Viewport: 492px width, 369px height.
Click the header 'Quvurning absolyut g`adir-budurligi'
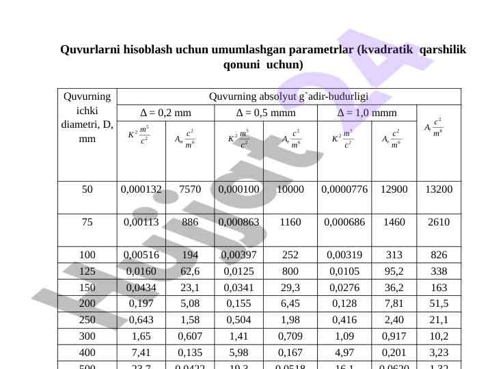[x=288, y=96]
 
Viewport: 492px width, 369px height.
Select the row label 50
[x=87, y=189]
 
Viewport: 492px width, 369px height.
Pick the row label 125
[x=87, y=271]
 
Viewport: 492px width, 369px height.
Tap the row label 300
[x=87, y=337]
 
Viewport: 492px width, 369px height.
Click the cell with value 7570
[x=189, y=189]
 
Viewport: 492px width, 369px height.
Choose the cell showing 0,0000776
[x=345, y=189]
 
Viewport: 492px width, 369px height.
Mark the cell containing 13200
[x=439, y=189]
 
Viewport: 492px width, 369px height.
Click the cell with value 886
[x=189, y=222]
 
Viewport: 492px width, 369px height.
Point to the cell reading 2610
[x=439, y=222]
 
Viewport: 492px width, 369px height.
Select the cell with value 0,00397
[x=238, y=255]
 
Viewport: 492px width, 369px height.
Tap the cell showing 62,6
[x=189, y=271]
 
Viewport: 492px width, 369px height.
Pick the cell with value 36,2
[x=394, y=288]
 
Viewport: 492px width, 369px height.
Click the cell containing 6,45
[x=290, y=304]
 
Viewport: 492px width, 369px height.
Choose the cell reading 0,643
[x=141, y=320]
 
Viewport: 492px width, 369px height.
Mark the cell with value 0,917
[x=394, y=337]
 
